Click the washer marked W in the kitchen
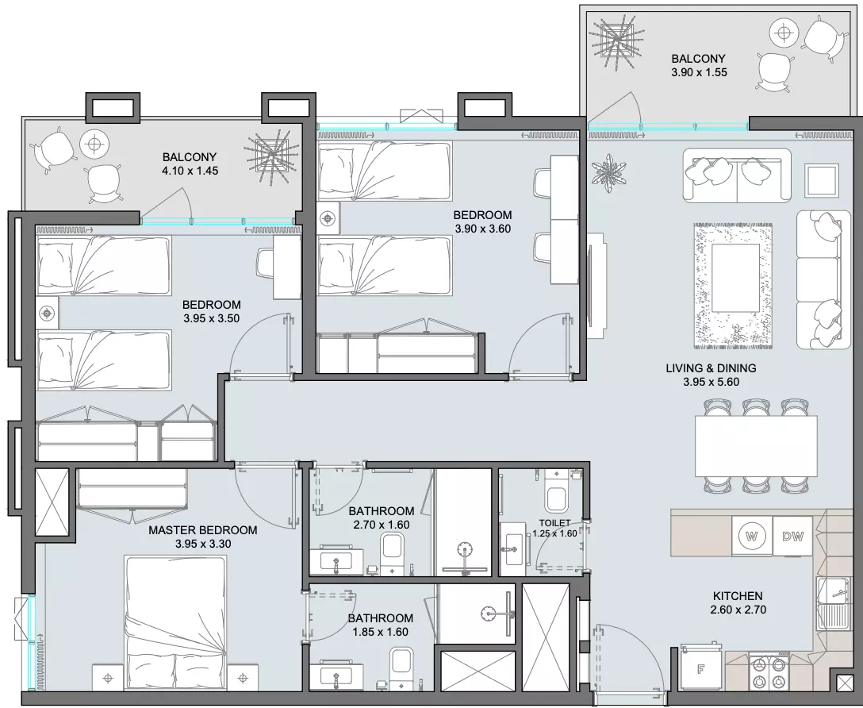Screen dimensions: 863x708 coord(752,536)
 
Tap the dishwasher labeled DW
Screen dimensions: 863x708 coord(792,536)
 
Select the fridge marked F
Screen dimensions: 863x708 coord(700,668)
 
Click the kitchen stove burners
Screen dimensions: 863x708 coord(769,673)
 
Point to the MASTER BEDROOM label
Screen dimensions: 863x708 coord(202,530)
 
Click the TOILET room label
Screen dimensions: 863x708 coord(554,523)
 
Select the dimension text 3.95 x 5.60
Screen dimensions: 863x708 coord(711,382)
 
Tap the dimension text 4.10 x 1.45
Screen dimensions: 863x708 coord(190,171)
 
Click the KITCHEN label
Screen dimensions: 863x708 coord(738,596)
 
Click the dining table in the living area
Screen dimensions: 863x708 coord(756,446)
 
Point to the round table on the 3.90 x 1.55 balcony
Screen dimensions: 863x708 coord(783,34)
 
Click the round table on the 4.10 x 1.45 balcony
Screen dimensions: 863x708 coord(94,144)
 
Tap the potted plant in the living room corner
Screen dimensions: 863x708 coord(608,173)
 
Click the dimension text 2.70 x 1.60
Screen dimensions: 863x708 coord(382,525)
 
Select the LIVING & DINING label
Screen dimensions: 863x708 coord(711,367)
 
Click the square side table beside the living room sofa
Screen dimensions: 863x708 coord(823,180)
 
